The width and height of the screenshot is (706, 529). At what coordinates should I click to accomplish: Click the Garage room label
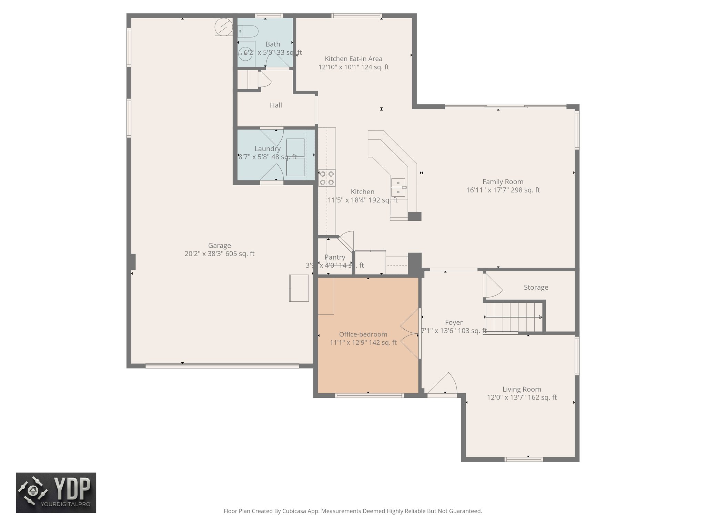(x=219, y=246)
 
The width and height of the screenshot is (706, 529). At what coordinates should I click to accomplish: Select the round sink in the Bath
(x=246, y=53)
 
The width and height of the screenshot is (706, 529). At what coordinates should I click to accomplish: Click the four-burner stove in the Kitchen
(x=327, y=178)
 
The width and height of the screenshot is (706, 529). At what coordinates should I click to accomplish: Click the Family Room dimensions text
(x=503, y=190)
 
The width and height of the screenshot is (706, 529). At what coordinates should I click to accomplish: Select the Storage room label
(x=536, y=287)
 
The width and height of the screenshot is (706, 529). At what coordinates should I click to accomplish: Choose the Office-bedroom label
(x=363, y=334)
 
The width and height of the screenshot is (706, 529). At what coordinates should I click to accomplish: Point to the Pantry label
(x=334, y=257)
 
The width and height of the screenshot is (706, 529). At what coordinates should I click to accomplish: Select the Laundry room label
(x=268, y=149)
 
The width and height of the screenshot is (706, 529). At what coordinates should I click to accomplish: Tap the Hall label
(x=276, y=105)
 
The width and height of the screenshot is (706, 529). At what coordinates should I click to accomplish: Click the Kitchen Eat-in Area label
(x=353, y=59)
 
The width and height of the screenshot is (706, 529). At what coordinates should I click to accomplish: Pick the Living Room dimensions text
(x=522, y=397)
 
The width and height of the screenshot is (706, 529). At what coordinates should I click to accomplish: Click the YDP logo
(x=56, y=492)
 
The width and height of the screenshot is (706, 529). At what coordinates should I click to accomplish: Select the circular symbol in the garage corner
(x=223, y=27)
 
